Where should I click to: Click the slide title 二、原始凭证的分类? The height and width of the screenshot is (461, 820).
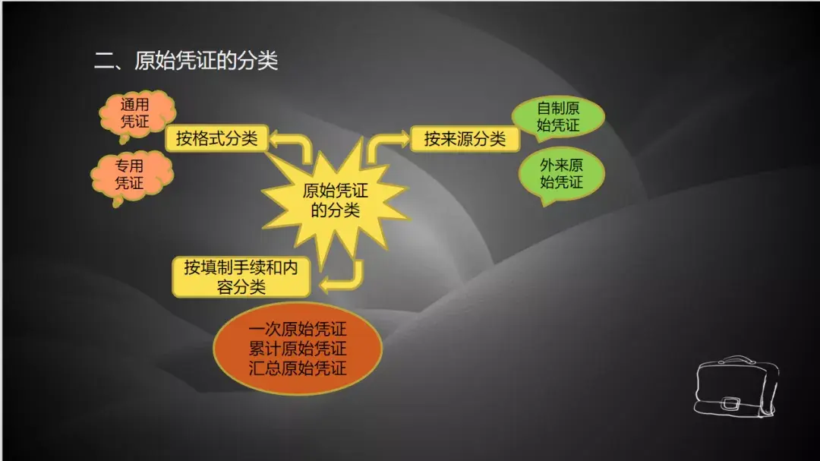[x=186, y=61]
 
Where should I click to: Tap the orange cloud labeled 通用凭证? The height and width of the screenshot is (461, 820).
[x=137, y=114]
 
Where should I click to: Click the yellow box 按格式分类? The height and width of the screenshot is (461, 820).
[x=216, y=138]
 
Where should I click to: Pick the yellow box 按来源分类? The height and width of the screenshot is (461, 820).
[x=465, y=139]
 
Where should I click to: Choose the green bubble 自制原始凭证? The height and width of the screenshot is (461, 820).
[x=558, y=117]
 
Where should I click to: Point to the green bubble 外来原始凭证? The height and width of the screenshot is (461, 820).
[x=561, y=174]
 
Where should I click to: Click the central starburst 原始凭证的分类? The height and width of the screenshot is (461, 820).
[x=335, y=201]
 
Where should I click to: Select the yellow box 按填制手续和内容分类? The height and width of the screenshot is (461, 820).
[x=241, y=276]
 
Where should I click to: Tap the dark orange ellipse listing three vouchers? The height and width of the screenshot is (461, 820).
[x=298, y=349]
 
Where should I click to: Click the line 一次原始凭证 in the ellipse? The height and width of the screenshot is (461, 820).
[x=298, y=329]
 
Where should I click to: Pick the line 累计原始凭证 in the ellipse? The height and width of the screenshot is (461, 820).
[x=298, y=349]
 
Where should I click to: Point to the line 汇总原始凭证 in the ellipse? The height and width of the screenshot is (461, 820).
[x=298, y=368]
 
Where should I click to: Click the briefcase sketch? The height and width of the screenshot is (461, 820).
[x=736, y=387]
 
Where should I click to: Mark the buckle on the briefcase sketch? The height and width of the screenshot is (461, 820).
[x=728, y=403]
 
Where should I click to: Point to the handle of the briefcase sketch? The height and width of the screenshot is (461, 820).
[x=736, y=360]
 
